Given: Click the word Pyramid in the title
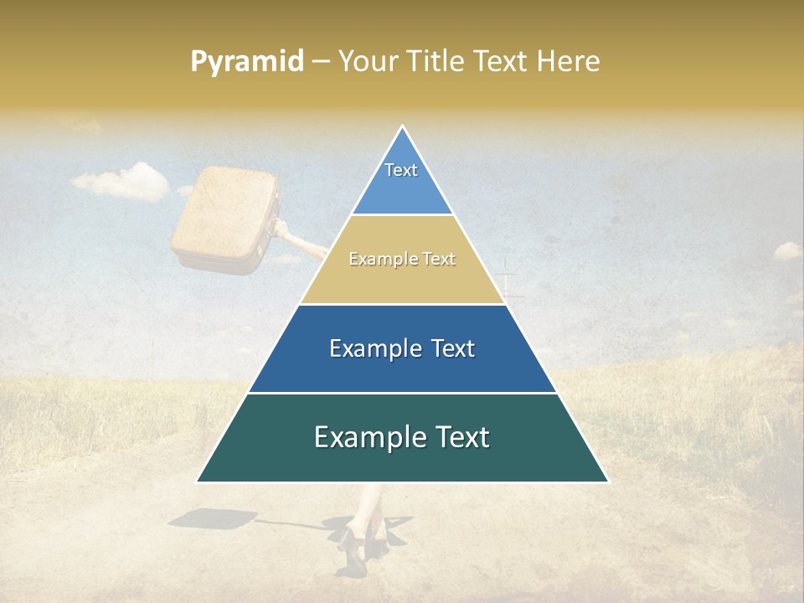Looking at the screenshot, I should pos(247,62).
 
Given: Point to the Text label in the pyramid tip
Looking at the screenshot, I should pos(401,170).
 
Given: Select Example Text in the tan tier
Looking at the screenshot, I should pos(402,260).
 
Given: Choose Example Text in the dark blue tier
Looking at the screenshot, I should pos(402,348).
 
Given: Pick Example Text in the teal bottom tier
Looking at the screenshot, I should pos(402,437).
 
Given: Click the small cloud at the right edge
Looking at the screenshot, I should pos(786,250).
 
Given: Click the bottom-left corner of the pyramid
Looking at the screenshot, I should pos(198,482).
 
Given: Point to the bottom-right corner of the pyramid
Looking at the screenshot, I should pos(607,482).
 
